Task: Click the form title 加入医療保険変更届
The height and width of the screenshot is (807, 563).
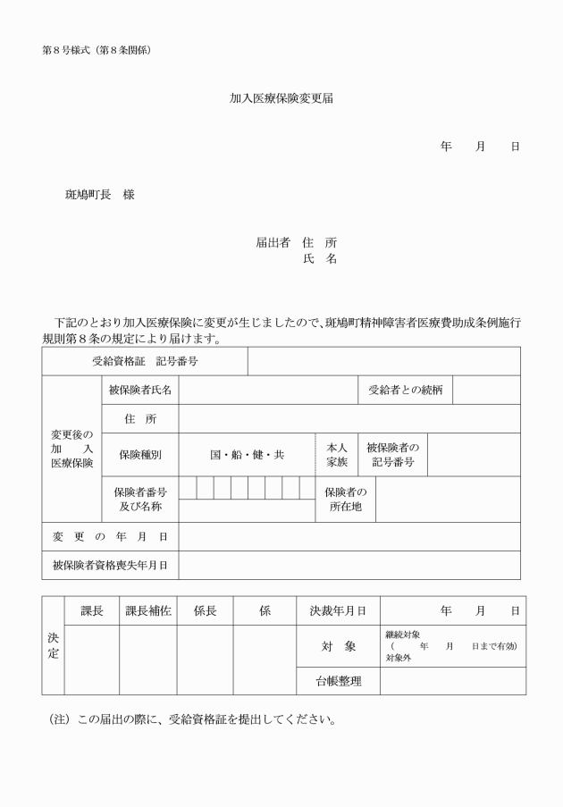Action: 281,98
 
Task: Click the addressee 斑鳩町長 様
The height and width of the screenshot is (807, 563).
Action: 100,195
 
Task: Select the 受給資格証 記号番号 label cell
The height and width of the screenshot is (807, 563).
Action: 145,362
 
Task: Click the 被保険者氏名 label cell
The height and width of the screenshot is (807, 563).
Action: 139,390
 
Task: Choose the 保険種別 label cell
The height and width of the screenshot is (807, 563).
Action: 139,455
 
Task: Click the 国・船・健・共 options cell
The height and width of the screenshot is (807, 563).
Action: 247,455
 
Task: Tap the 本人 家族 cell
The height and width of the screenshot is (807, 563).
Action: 337,455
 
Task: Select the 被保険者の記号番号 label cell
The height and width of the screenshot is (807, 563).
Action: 394,455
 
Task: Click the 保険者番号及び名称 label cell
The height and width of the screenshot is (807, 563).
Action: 139,500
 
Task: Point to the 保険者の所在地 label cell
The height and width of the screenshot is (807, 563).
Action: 346,500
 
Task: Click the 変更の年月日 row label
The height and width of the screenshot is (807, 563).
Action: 110,536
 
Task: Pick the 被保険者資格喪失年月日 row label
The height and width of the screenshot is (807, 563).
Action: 110,565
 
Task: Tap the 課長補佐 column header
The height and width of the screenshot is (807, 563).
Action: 147,611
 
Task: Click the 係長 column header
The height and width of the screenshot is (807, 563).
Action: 206,611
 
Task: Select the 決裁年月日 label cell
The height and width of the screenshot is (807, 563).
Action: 338,611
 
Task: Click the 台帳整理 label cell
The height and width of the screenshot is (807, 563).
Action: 338,681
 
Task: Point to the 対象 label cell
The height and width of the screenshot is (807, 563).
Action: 338,646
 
